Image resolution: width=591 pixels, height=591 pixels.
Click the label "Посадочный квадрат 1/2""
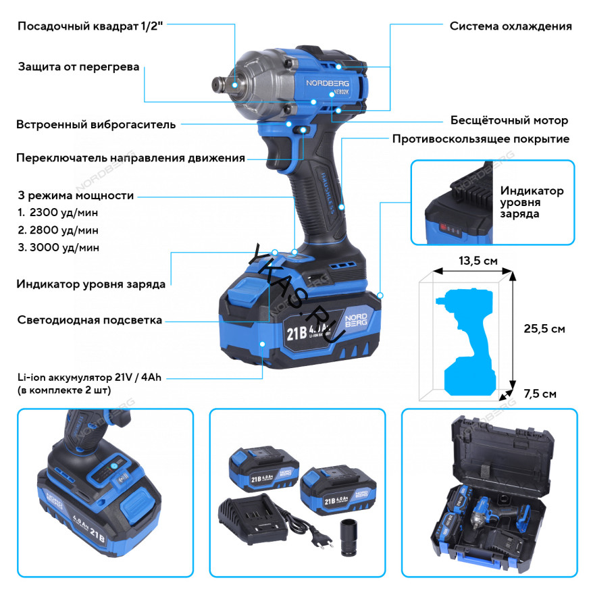click(x=91, y=26)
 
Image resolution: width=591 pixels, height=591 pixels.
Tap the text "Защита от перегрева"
click(x=78, y=67)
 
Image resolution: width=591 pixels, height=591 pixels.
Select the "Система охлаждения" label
click(x=511, y=26)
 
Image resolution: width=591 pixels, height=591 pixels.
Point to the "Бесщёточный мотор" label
click(x=509, y=121)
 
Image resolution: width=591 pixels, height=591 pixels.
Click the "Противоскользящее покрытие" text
click(x=481, y=139)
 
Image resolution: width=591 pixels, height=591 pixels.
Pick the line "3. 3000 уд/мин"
click(x=59, y=247)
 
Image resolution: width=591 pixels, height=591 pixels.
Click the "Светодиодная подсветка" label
click(x=89, y=320)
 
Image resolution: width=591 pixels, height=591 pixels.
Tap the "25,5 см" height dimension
click(x=544, y=329)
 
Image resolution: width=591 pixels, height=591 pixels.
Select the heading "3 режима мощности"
click(x=76, y=196)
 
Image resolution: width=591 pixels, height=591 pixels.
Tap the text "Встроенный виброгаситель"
click(x=96, y=124)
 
